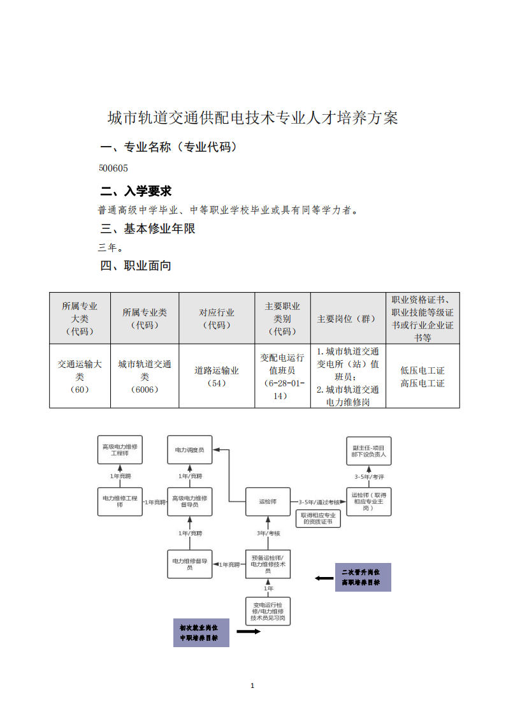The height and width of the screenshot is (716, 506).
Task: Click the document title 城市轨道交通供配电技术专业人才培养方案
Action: tap(253, 118)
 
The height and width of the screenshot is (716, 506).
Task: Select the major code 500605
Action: tap(113, 168)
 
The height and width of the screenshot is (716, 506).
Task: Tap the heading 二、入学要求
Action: tap(136, 191)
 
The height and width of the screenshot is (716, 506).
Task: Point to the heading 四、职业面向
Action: tap(136, 265)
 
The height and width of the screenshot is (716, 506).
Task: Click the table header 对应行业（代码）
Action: tap(217, 319)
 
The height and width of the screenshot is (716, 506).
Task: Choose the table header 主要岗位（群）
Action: tap(348, 319)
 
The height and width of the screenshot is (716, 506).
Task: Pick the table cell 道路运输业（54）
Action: tap(217, 377)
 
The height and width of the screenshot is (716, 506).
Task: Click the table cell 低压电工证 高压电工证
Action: tap(423, 377)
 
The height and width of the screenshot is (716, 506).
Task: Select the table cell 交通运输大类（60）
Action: tap(80, 377)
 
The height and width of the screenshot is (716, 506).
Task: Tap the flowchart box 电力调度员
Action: tap(190, 449)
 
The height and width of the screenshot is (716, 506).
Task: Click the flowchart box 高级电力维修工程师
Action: tap(120, 449)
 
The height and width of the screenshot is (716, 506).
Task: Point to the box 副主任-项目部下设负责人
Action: tap(368, 451)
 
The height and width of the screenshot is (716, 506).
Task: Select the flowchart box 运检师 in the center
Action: tap(268, 501)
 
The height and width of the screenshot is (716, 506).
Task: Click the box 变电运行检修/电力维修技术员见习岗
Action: tap(268, 611)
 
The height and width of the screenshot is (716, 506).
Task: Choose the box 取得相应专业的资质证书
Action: tap(318, 519)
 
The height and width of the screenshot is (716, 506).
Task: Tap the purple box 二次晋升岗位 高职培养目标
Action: tap(363, 577)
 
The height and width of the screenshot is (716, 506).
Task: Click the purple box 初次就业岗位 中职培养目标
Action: tap(201, 633)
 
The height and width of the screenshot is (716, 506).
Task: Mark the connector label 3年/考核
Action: tap(268, 534)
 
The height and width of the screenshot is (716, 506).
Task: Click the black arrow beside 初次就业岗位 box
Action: tap(249, 632)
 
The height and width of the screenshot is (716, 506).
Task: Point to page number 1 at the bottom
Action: tap(252, 685)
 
